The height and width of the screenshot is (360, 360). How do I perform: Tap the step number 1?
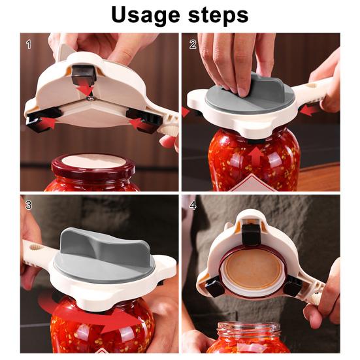[28, 44]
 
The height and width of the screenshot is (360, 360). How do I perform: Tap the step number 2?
[193, 44]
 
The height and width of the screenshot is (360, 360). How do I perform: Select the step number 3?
[28, 205]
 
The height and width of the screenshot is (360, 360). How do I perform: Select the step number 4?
[193, 205]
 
